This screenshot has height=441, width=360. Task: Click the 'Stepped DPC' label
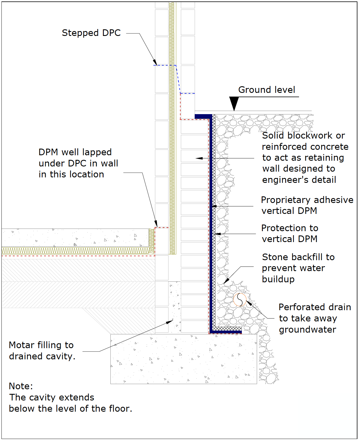click(91, 33)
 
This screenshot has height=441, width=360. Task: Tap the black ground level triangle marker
click(234, 103)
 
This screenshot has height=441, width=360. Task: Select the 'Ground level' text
click(267, 90)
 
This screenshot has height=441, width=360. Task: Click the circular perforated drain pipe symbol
click(240, 300)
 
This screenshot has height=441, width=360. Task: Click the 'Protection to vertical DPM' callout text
click(290, 233)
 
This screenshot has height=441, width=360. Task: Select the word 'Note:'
click(21, 386)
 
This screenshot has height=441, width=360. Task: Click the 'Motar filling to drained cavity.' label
click(42, 351)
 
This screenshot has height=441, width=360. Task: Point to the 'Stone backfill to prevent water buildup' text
click(298, 268)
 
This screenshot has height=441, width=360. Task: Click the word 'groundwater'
click(307, 329)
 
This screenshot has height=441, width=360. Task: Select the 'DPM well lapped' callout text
click(75, 152)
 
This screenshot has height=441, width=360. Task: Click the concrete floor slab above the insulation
click(75, 237)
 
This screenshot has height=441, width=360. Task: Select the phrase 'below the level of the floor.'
click(70, 409)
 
